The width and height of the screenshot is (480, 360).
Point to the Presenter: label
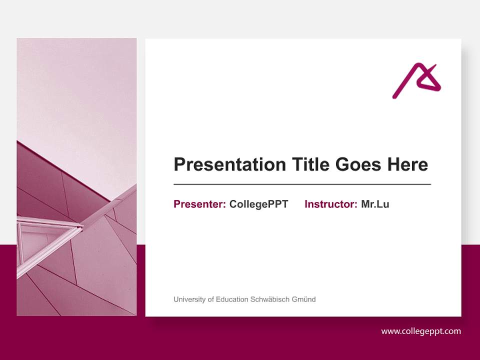pos(199,204)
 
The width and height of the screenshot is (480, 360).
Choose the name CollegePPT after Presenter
pos(258,204)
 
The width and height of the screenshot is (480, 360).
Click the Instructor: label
pos(330,204)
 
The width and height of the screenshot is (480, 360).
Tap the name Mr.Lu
pos(375,204)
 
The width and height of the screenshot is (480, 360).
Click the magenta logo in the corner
pos(416,80)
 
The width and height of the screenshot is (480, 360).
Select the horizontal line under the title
pos(302,184)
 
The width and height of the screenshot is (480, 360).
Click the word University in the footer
pos(189,299)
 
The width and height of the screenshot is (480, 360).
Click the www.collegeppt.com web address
pos(421,331)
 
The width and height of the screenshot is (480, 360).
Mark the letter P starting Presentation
pos(179,164)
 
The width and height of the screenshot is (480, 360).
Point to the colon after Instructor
pos(356,205)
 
